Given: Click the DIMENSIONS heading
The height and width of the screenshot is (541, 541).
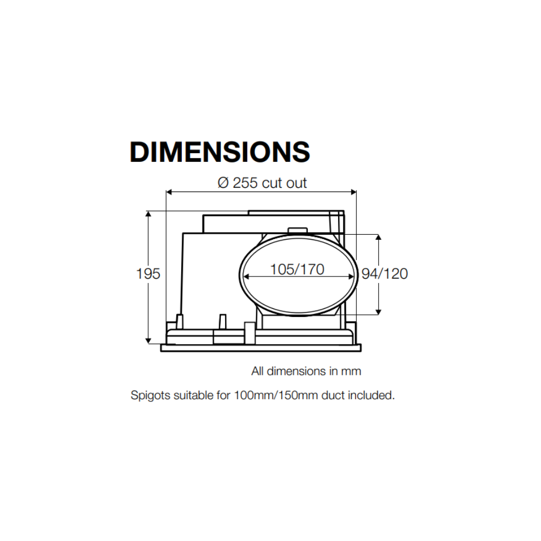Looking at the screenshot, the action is (x=220, y=152).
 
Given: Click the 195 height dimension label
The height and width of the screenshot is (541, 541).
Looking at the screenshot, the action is (x=148, y=274).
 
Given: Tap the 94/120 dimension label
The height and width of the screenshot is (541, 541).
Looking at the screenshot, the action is (x=385, y=274).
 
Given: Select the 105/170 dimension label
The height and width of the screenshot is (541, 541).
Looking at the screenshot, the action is (x=297, y=269).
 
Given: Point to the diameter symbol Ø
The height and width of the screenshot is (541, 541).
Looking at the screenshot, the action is (x=223, y=183).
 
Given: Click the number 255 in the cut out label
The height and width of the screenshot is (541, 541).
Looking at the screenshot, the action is (x=245, y=183).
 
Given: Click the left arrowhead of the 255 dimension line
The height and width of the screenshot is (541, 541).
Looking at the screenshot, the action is (x=169, y=192).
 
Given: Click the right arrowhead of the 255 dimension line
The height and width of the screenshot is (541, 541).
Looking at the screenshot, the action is (x=353, y=192).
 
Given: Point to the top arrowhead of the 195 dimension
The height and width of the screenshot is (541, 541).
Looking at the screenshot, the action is (x=148, y=214).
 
